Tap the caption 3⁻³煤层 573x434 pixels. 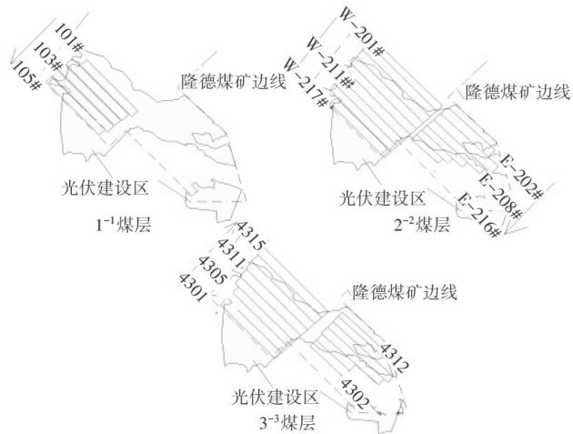pos(289,422)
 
